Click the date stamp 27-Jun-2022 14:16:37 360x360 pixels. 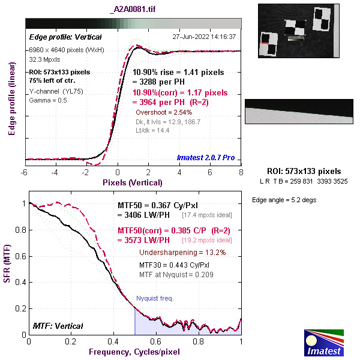pyautogui.click(x=203, y=37)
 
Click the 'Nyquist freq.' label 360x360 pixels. pyautogui.click(x=155, y=298)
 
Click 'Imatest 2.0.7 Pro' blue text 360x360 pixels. pyautogui.click(x=206, y=158)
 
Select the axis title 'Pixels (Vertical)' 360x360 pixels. pyautogui.click(x=133, y=182)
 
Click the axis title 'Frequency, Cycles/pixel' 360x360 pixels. pyautogui.click(x=134, y=350)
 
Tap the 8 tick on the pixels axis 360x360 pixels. pyautogui.click(x=241, y=172)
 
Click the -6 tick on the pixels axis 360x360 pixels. pyautogui.click(x=25, y=172)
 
